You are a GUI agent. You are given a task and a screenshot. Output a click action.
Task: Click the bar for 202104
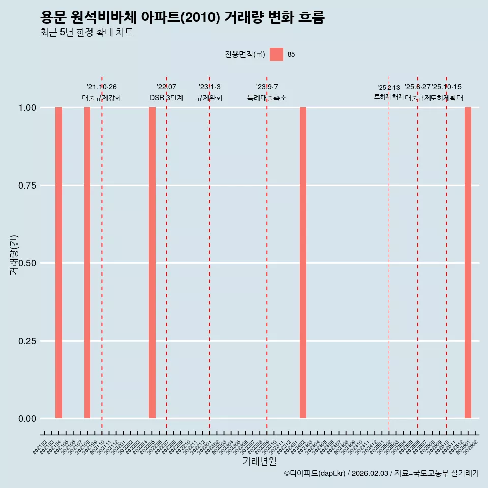[58, 263]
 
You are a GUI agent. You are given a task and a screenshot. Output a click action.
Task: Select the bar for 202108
[87, 263]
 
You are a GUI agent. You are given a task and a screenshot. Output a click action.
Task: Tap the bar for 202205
[152, 263]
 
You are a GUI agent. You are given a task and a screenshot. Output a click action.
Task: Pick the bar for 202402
[303, 263]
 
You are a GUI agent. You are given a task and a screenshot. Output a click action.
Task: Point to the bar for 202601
[468, 263]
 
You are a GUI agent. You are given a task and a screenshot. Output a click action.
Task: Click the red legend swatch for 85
[277, 54]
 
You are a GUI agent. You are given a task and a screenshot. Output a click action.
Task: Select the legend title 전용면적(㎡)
[245, 55]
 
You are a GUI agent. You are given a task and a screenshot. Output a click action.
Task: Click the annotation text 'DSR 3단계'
[166, 98]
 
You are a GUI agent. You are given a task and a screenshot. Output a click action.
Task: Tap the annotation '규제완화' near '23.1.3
[209, 98]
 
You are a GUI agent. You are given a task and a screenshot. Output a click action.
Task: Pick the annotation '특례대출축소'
[267, 98]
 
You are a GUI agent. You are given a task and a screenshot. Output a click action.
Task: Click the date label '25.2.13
[389, 88]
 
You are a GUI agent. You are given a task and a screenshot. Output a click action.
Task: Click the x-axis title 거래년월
[259, 462]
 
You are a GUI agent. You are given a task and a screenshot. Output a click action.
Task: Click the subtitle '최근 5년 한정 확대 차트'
[86, 33]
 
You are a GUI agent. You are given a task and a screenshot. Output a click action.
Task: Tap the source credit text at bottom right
[381, 474]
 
